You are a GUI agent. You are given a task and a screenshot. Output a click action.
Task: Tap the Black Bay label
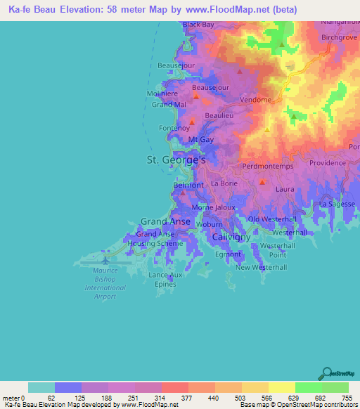pos(198,25)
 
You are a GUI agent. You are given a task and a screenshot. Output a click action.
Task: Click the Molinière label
pos(163,93)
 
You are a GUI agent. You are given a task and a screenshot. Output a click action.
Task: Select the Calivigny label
pos(231,238)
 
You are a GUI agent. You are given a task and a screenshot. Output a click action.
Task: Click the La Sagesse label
pos(335,203)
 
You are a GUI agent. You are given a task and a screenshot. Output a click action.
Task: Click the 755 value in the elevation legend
pos(345,398)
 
